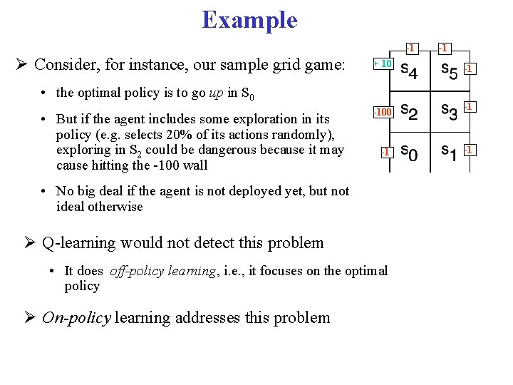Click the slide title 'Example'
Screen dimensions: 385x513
[x=249, y=20]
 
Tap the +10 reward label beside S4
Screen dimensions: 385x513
[x=383, y=64]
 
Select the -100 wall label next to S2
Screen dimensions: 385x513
[x=383, y=112]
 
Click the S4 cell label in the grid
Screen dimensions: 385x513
[x=409, y=71]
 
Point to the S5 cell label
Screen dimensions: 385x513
[x=449, y=71]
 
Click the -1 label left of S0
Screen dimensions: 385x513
[x=385, y=152]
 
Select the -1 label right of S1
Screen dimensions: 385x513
[x=470, y=150]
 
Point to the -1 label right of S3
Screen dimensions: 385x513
[x=470, y=106]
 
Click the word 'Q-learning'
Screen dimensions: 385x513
[x=76, y=243]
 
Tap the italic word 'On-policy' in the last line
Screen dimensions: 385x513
[x=76, y=317]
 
